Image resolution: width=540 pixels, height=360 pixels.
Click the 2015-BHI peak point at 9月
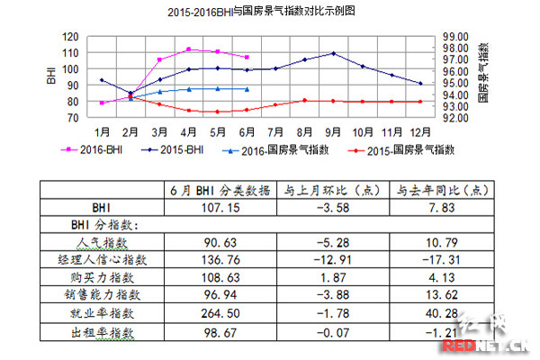pos(334,53)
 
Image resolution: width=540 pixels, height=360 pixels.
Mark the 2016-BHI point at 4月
pos(189,49)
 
